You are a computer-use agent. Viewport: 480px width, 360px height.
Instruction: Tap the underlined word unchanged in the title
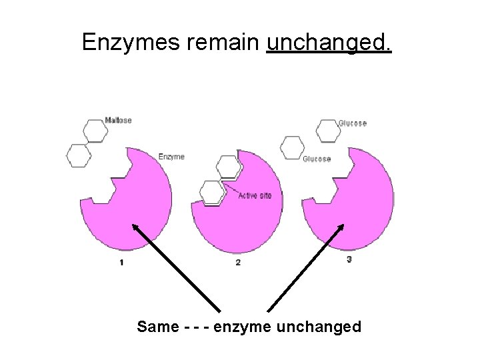pyautogui.click(x=329, y=43)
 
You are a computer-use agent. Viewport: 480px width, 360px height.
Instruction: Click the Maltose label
pyautogui.click(x=119, y=120)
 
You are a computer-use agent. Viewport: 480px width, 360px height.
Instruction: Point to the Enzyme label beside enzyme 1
pyautogui.click(x=171, y=157)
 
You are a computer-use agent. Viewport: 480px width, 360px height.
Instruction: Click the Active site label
pyautogui.click(x=255, y=195)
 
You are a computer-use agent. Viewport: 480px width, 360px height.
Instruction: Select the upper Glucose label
pyautogui.click(x=352, y=123)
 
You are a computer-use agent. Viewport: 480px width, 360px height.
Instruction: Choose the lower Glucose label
pyautogui.click(x=317, y=159)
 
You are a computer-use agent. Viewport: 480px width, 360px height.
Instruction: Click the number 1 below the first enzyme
pyautogui.click(x=121, y=262)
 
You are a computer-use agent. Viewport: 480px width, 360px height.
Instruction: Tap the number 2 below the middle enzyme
pyautogui.click(x=238, y=262)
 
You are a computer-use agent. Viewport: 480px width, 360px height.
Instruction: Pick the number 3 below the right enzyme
pyautogui.click(x=349, y=259)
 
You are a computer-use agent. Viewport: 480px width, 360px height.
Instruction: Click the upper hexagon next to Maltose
pyautogui.click(x=95, y=131)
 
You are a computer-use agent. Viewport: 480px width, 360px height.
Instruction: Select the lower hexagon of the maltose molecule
pyautogui.click(x=79, y=155)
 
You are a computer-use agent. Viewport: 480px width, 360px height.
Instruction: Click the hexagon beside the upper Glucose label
pyautogui.click(x=327, y=130)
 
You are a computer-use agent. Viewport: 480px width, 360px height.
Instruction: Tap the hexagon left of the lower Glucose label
pyautogui.click(x=292, y=148)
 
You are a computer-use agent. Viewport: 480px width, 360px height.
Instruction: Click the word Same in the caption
pyautogui.click(x=157, y=327)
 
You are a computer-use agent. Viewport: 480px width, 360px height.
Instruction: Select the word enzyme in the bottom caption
pyautogui.click(x=241, y=327)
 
